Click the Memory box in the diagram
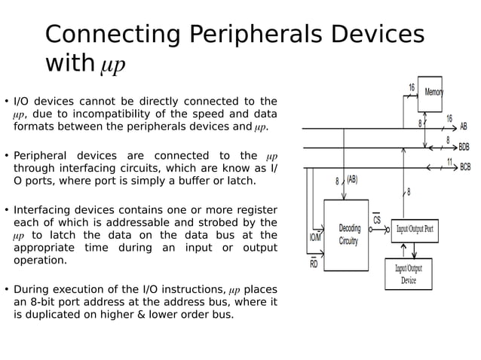pyautogui.click(x=430, y=93)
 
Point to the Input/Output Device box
pyautogui.click(x=409, y=274)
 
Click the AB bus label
pyautogui.click(x=464, y=127)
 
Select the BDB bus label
pyautogui.click(x=464, y=147)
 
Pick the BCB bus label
pyautogui.click(x=464, y=167)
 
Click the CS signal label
pyautogui.click(x=377, y=220)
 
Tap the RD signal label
pyautogui.click(x=314, y=264)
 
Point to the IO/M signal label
pyautogui.click(x=314, y=237)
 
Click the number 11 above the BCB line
pyautogui.click(x=450, y=160)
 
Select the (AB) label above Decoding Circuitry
pyautogui.click(x=351, y=180)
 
